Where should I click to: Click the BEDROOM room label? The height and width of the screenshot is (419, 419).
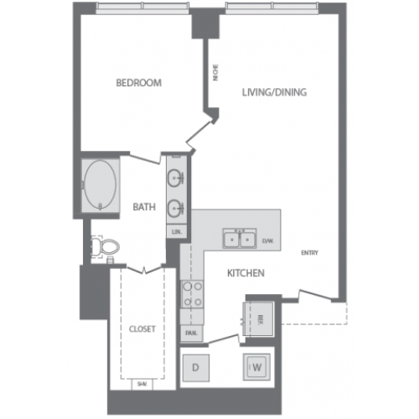[138, 83]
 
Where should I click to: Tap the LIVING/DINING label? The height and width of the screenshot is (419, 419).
[273, 91]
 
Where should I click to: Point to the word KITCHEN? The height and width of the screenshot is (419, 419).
[246, 273]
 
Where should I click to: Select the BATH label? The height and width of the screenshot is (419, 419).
[143, 207]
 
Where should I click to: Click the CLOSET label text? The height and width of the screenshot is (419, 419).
[142, 328]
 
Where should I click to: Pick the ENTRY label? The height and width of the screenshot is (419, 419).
[309, 253]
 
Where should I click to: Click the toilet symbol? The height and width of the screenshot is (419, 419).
[106, 246]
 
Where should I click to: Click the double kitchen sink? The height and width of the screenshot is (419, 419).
[240, 240]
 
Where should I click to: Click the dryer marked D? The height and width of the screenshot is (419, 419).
[195, 367]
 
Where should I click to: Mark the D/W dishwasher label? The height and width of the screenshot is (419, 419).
[268, 241]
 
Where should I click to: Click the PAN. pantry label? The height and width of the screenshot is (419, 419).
[190, 333]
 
